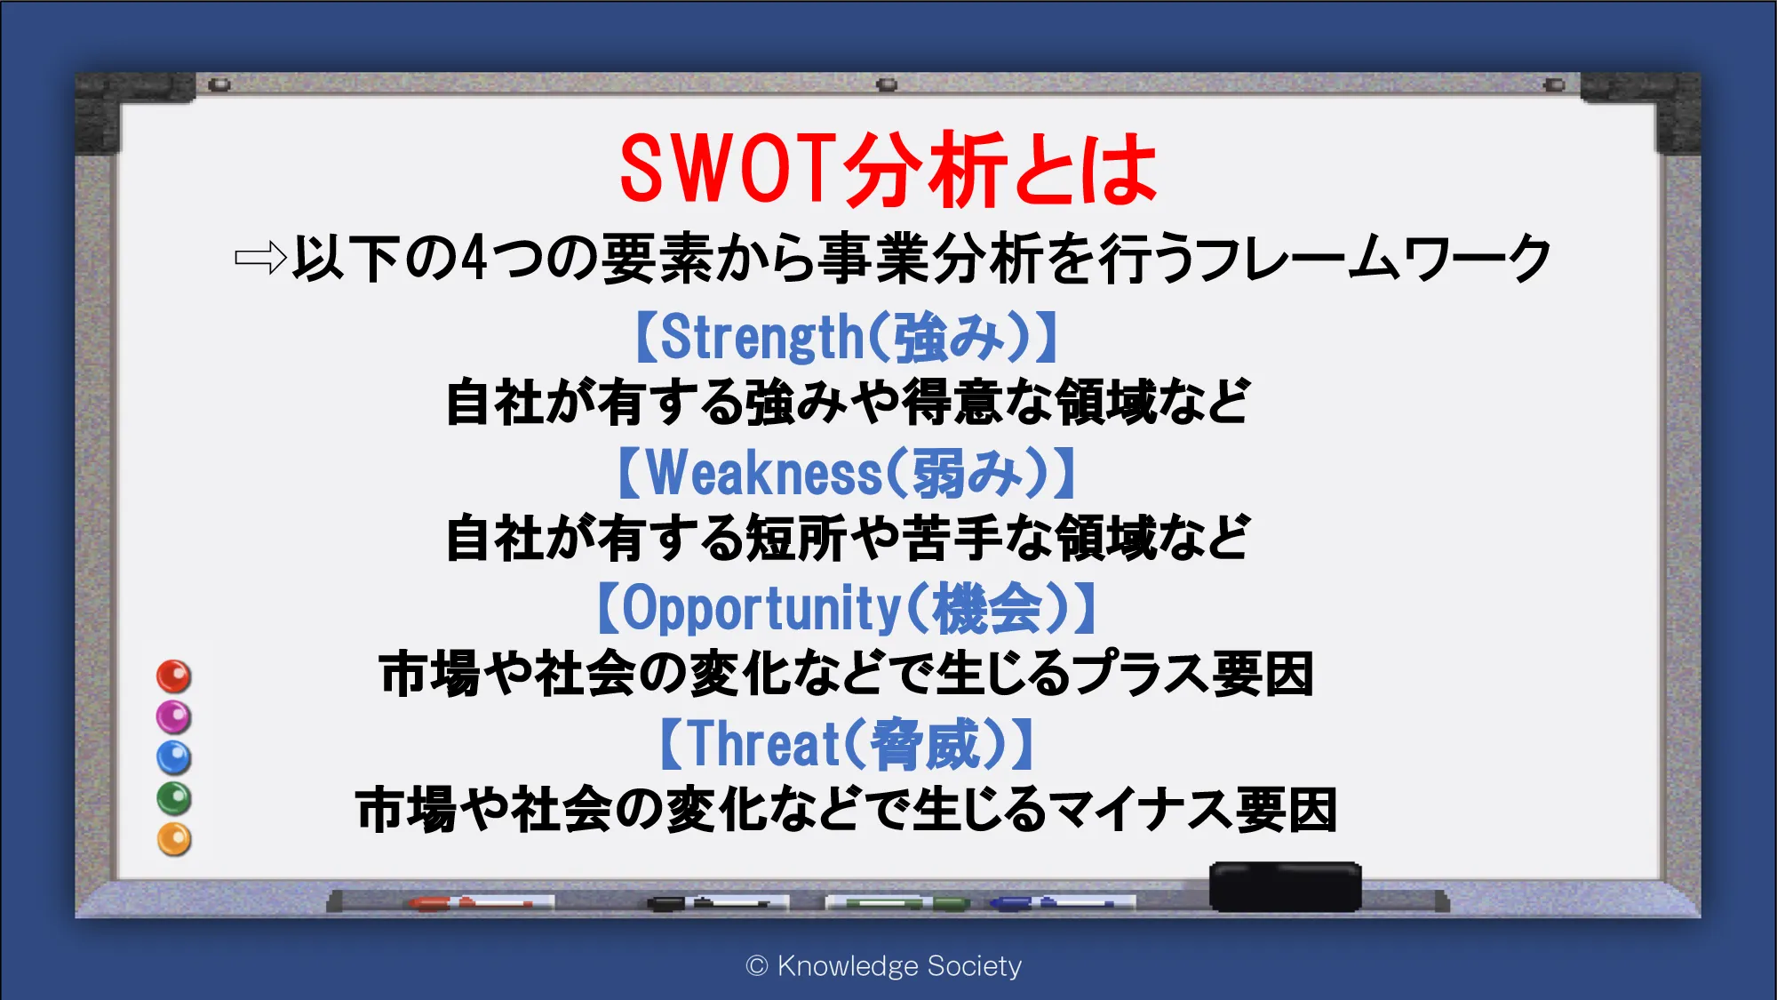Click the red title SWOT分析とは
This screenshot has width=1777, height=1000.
pos(888,169)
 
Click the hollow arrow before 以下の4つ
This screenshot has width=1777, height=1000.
pos(260,259)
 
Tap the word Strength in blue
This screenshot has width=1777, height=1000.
pos(761,338)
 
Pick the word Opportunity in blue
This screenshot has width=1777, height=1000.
pos(761,610)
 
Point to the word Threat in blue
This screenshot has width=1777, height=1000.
pos(764,744)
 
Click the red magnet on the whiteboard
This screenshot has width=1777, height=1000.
pos(174,676)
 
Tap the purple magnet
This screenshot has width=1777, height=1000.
pos(174,717)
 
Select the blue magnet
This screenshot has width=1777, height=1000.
pos(174,758)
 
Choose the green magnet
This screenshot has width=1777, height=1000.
pos(174,799)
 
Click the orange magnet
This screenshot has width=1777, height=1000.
pos(174,840)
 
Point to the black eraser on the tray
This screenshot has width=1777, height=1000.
pos(1285,886)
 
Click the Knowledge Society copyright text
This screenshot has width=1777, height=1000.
pos(884,966)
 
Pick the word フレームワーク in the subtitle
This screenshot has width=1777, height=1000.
pos(1375,259)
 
